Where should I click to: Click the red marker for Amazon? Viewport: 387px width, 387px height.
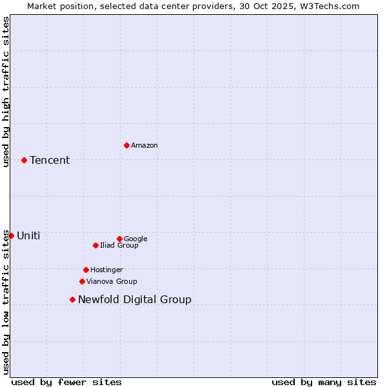coord(126,145)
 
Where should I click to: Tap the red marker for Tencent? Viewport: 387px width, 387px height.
coord(24,160)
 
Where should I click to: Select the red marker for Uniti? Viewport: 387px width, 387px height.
coord(11,235)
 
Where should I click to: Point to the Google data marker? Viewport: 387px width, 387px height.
coord(119,239)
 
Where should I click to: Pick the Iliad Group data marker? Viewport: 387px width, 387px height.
coord(95,245)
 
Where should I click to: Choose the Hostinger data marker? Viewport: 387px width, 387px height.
coord(86,270)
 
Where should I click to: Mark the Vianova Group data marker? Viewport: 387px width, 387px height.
coord(82,281)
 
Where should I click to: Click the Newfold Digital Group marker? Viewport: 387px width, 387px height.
coord(72,299)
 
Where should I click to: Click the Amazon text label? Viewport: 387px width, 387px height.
coord(144,146)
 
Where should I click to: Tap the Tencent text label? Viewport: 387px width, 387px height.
coord(50,161)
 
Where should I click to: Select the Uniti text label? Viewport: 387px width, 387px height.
coord(28,236)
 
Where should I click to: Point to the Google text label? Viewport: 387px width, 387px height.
coord(135,239)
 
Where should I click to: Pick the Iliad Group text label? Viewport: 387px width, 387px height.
coord(119,246)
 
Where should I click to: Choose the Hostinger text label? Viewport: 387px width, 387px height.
coord(106,270)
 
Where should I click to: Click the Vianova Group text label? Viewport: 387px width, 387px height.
coord(112,282)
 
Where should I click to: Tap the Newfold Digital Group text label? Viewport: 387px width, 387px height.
coord(135,300)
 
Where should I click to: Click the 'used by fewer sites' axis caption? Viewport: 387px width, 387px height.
coord(66,382)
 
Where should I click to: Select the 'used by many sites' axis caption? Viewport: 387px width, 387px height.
coord(324,382)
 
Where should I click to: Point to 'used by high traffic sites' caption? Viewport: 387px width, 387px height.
coord(6,92)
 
